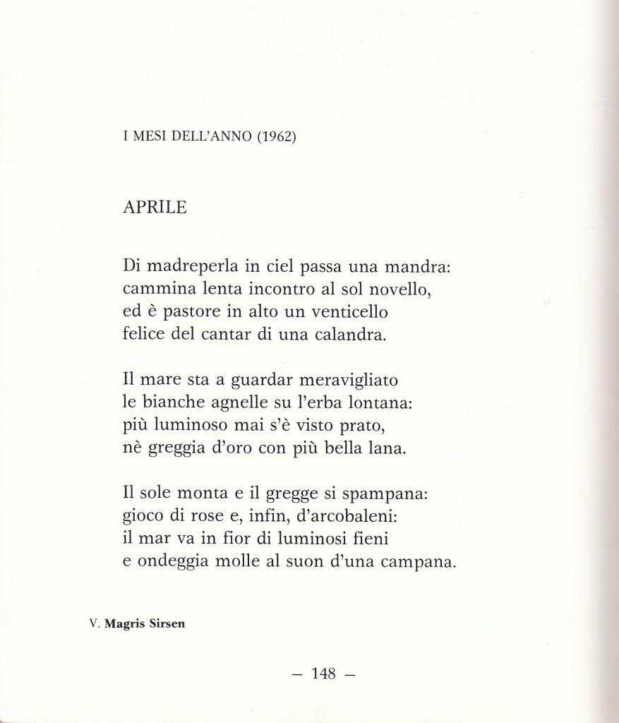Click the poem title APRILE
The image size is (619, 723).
(154, 208)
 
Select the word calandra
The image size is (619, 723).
(349, 333)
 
